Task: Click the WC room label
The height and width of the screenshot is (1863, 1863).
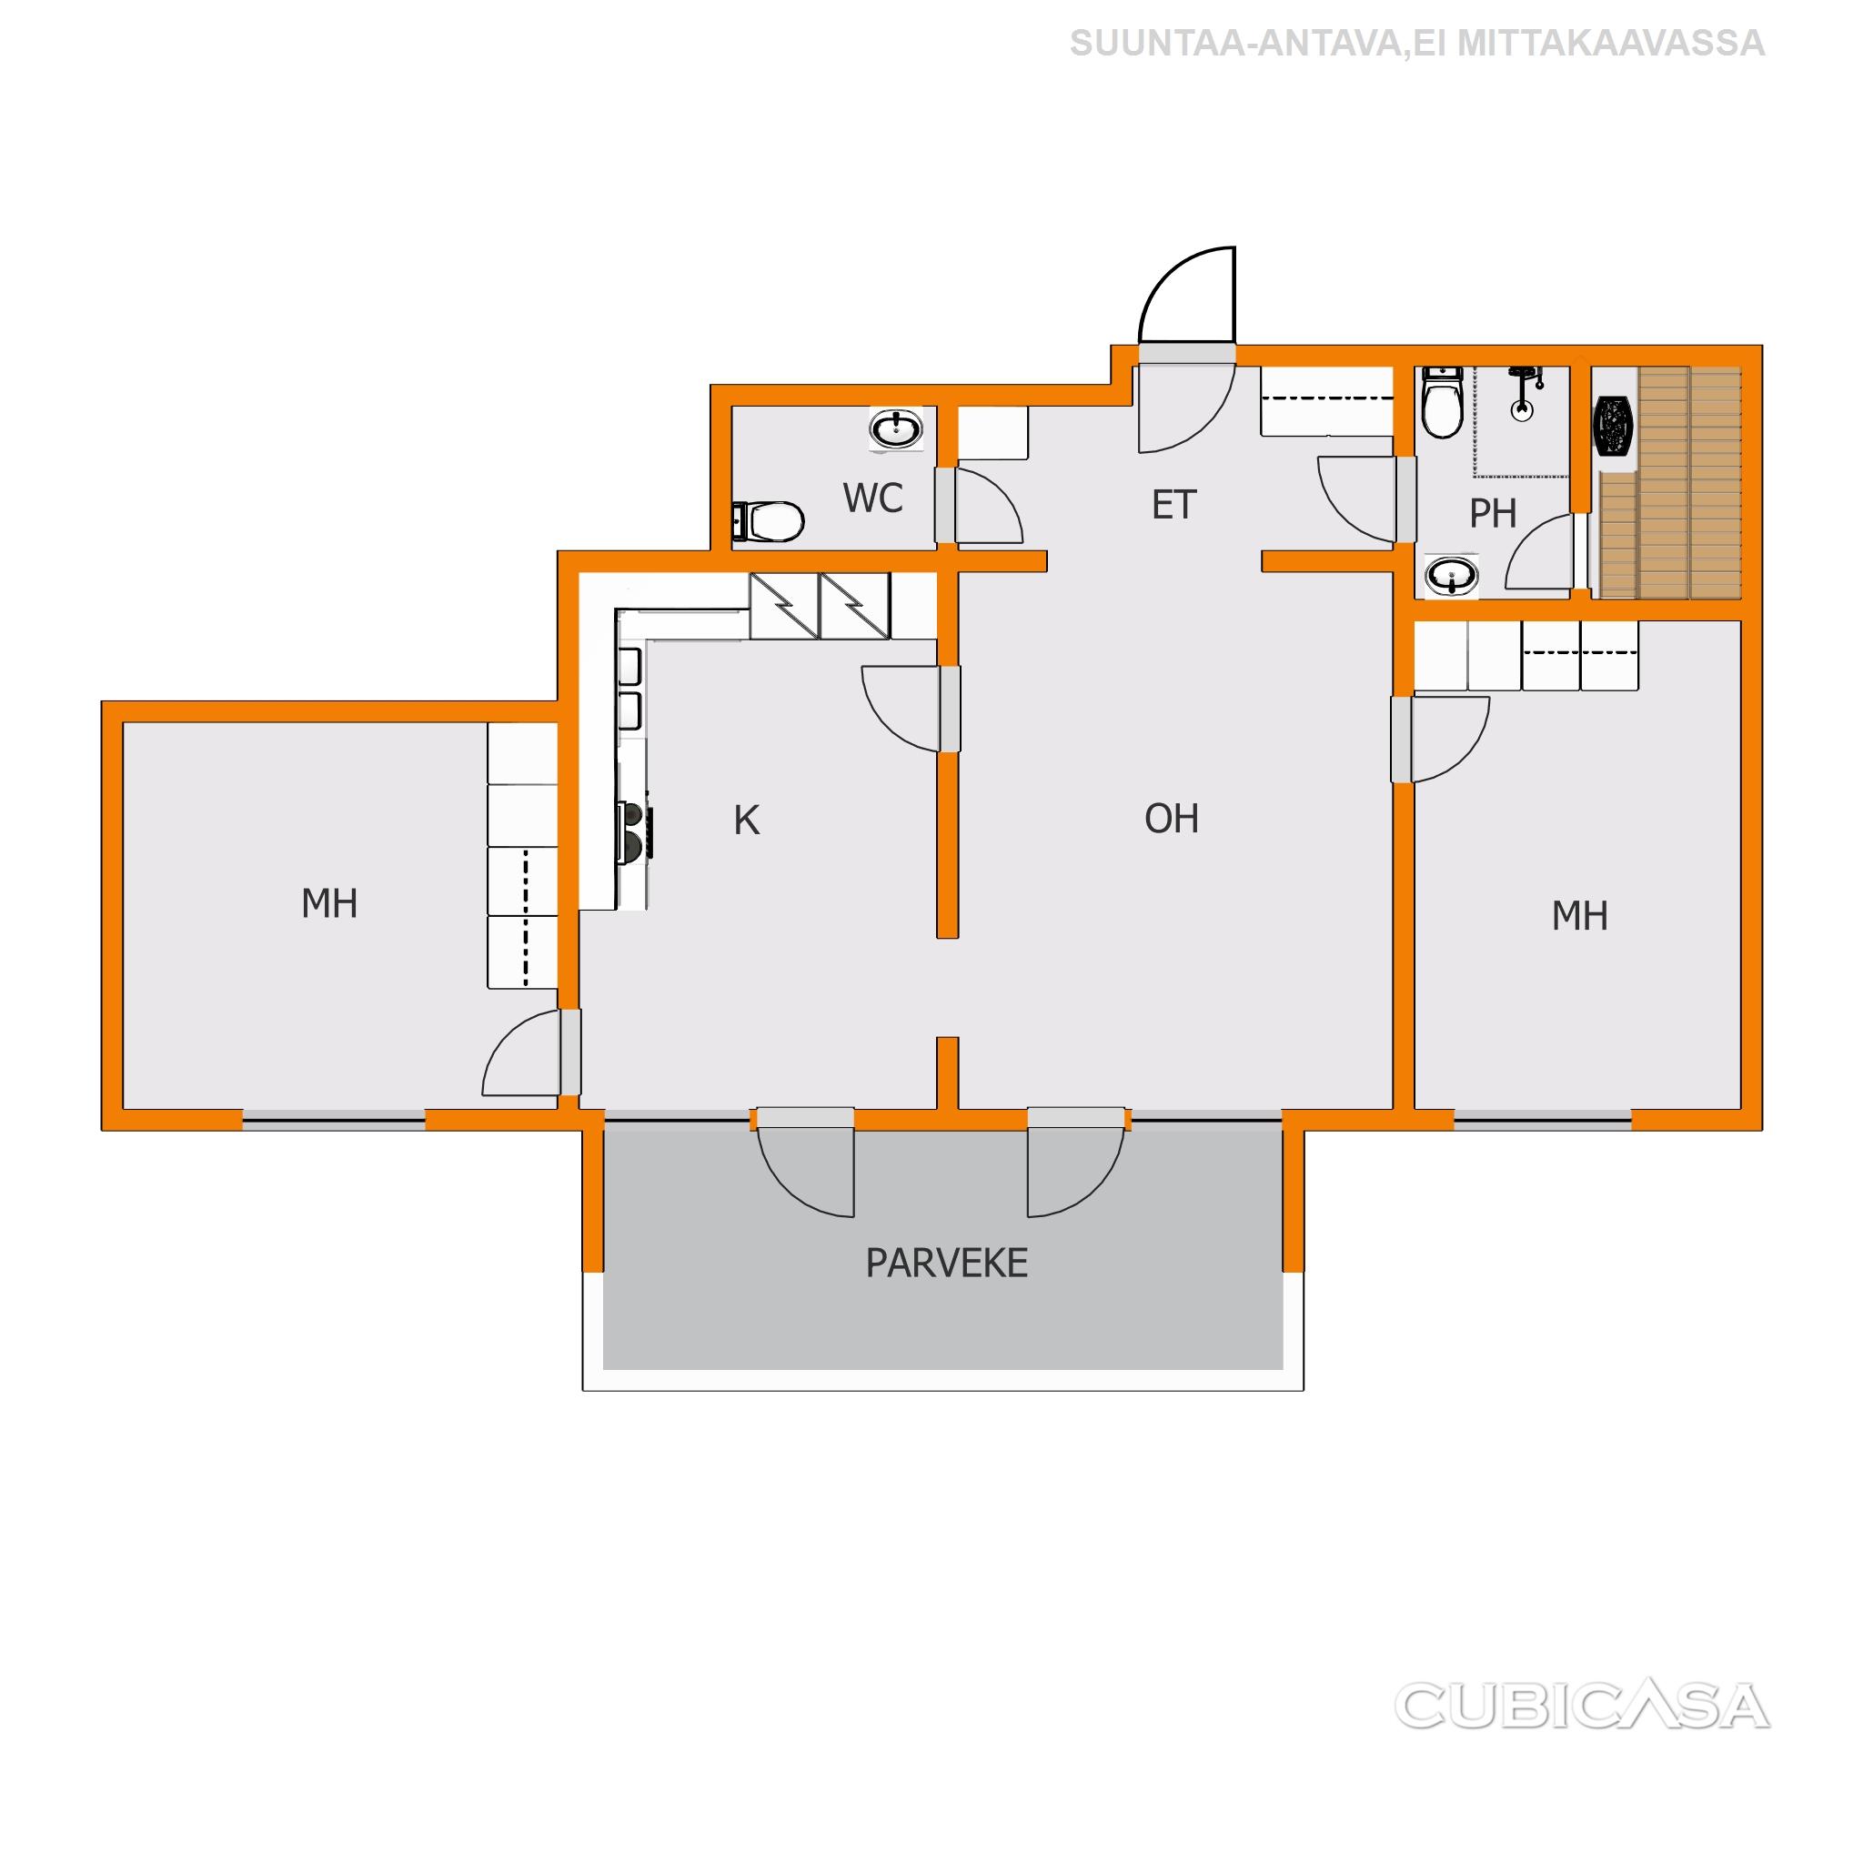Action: click(x=872, y=498)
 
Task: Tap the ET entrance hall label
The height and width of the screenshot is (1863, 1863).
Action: click(x=1173, y=505)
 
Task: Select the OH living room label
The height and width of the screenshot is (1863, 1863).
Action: click(x=1172, y=819)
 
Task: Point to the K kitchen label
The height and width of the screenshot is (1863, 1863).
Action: click(x=746, y=821)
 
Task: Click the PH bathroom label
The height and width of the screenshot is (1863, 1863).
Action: click(x=1493, y=514)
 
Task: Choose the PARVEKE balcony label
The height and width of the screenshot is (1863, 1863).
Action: click(x=947, y=1264)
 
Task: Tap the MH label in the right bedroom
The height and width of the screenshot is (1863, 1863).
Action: click(x=1579, y=916)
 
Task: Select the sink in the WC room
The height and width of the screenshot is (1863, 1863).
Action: click(x=897, y=429)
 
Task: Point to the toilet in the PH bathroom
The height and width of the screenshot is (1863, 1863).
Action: click(x=1443, y=402)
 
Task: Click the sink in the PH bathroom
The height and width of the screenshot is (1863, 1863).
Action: click(x=1451, y=577)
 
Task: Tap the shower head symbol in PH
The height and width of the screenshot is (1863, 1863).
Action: click(x=1523, y=392)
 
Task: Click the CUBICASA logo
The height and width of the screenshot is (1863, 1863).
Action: click(x=1583, y=1705)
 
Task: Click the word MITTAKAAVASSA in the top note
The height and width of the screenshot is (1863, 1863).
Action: click(x=1611, y=44)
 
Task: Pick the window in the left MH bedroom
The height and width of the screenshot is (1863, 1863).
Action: click(x=334, y=1120)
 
